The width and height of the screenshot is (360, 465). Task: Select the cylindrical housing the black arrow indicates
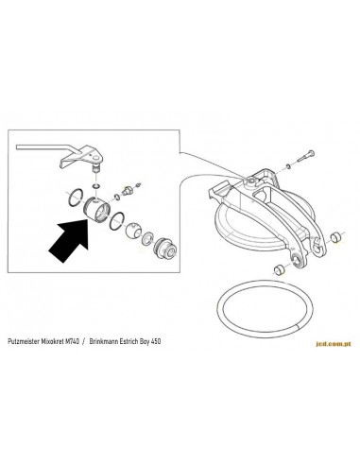tap(97, 211)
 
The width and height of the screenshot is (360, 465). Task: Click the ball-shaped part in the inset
tap(133, 232)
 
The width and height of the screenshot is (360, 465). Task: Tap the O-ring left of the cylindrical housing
tap(76, 198)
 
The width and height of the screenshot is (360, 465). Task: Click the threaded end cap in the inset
tap(164, 248)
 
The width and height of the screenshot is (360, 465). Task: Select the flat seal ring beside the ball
tap(147, 238)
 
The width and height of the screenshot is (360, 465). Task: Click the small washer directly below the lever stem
tap(96, 185)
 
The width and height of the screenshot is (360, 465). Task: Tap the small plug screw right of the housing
tap(129, 191)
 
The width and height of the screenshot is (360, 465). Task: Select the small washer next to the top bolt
tap(288, 166)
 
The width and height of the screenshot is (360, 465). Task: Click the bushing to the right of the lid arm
tap(335, 237)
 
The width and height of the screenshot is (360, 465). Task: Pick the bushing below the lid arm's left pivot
tap(279, 269)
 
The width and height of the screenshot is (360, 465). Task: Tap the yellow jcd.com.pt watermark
tap(333, 344)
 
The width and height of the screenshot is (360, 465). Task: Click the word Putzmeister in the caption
tap(24, 341)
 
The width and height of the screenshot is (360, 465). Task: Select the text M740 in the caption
tap(73, 341)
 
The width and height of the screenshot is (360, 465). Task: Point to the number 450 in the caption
tap(156, 341)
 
